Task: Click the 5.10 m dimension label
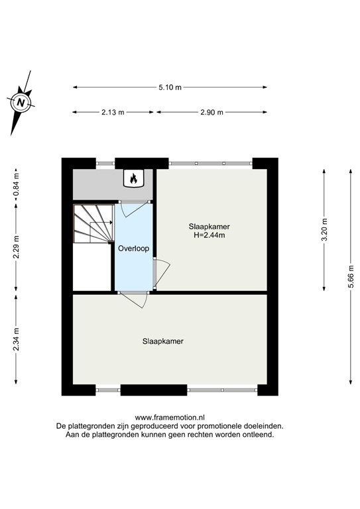pos(170,87)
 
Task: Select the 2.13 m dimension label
pos(113,112)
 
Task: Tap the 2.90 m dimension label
pos(211,112)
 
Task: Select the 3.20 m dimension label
pos(324,229)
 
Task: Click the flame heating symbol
pos(133,178)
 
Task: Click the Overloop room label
pos(133,249)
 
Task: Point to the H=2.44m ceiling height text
pos(209,236)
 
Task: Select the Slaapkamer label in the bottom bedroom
pos(162,342)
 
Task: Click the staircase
pos(93,225)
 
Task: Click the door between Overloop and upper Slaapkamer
pos(160,272)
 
